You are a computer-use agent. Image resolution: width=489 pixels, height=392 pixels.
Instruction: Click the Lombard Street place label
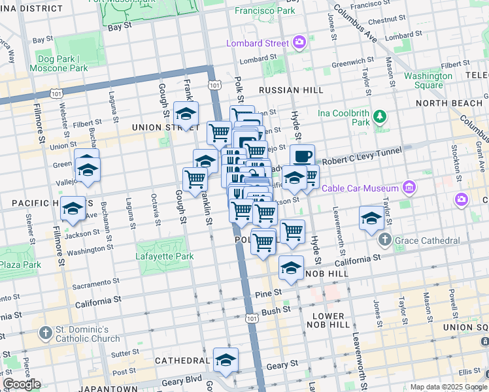click(x=257, y=44)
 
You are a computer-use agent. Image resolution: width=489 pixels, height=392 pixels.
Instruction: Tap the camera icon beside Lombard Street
click(x=299, y=43)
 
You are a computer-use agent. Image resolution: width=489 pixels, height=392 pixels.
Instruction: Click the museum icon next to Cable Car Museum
click(x=409, y=188)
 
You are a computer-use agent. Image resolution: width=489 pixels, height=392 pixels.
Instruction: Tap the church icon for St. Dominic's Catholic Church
click(x=45, y=333)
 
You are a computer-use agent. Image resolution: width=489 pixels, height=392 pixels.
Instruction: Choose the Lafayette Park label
click(x=165, y=257)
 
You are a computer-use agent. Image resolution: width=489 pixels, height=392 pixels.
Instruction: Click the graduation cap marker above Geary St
click(x=226, y=360)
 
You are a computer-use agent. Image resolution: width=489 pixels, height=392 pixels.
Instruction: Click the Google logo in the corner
click(x=22, y=384)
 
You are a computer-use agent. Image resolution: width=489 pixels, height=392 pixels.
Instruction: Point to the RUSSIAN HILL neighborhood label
click(x=286, y=90)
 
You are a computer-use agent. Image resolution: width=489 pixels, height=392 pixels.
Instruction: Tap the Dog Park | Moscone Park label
click(x=60, y=63)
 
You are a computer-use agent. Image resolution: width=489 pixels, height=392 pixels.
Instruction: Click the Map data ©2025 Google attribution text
click(x=448, y=387)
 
